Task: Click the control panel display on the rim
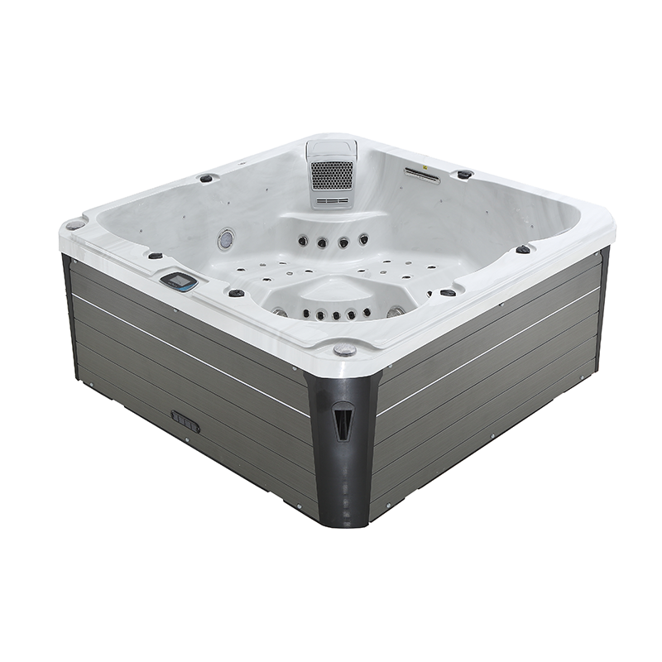pos(179,281)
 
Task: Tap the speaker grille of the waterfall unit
pos(331,175)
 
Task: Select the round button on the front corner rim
pos(345,350)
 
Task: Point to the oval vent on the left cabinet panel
pos(185,421)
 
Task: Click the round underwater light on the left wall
pos(225,239)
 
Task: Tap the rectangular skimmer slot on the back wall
pos(422,174)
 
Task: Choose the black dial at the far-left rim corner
pos(74,223)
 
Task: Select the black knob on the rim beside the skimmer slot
pos(465,174)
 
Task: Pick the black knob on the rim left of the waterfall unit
pos(206,177)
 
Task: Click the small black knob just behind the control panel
pos(155,256)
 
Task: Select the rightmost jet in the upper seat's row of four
pos(363,239)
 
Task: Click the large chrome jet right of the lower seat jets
pos(396,311)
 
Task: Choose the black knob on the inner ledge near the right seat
pos(448,292)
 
